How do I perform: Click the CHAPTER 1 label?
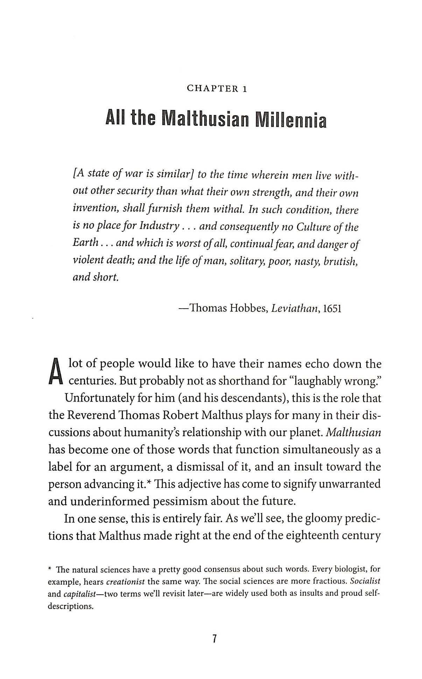217,89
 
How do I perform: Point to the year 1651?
332,309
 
